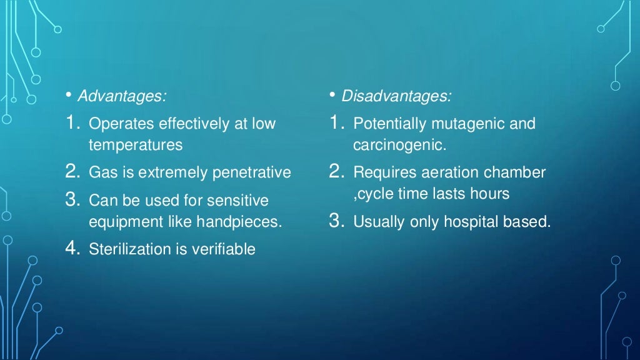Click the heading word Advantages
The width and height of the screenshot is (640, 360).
pyautogui.click(x=121, y=97)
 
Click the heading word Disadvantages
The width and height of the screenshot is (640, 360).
pyautogui.click(x=396, y=97)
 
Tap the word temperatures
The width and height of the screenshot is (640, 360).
pyautogui.click(x=136, y=145)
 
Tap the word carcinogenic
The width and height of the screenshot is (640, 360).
pyautogui.click(x=398, y=145)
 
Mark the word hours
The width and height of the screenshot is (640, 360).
pyautogui.click(x=491, y=194)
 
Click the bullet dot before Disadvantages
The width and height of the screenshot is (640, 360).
pyautogui.click(x=333, y=96)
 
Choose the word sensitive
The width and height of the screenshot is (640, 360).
pyautogui.click(x=239, y=200)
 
